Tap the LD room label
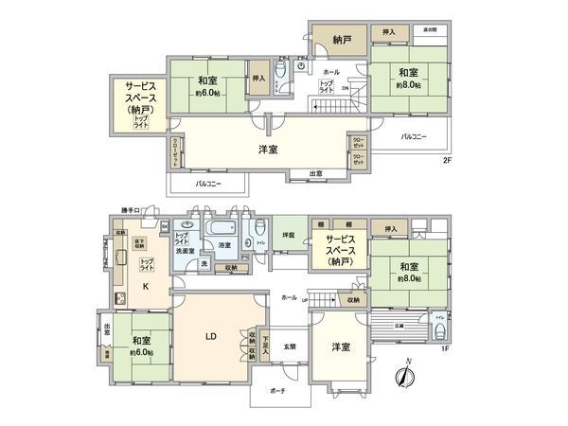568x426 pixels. [x=213, y=334]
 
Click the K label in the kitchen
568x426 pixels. [x=146, y=285]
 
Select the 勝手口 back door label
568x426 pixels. [x=130, y=209]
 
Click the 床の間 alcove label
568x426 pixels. [x=430, y=30]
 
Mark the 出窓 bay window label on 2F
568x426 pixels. [x=314, y=173]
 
